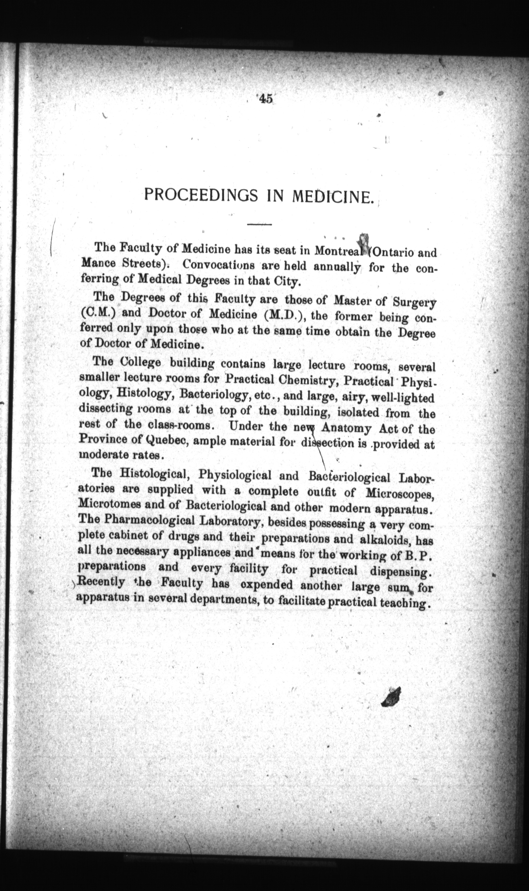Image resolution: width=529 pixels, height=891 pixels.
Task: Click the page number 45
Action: click(266, 99)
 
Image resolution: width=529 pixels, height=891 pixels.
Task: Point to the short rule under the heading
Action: click(259, 224)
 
